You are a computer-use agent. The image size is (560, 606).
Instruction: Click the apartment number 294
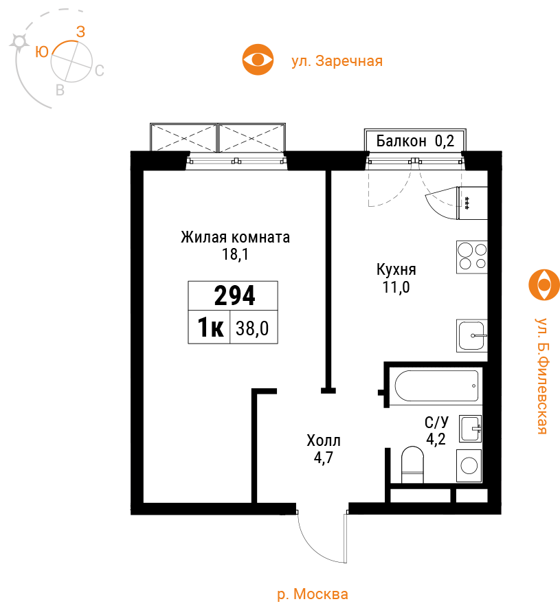(234, 295)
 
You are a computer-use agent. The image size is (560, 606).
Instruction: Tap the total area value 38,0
(252, 328)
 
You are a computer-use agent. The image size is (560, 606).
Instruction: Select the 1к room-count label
(210, 327)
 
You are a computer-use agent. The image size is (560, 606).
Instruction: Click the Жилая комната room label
(236, 237)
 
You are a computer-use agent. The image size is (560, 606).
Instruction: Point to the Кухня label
(396, 270)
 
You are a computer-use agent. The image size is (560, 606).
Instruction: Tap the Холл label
(324, 440)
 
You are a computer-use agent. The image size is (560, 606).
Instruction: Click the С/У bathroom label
(436, 423)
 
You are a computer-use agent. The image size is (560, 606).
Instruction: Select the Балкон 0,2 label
(415, 141)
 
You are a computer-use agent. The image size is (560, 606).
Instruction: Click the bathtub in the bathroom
(436, 385)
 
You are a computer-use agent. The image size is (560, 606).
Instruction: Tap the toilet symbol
(413, 464)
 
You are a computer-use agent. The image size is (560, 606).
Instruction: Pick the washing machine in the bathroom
(469, 466)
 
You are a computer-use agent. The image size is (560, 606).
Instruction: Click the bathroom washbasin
(471, 429)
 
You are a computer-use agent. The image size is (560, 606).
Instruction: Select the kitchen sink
(472, 335)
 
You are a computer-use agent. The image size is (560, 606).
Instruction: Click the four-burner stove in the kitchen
(472, 257)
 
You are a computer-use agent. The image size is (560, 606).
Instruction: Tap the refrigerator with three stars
(472, 203)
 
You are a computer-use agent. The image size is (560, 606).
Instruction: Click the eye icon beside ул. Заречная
(258, 60)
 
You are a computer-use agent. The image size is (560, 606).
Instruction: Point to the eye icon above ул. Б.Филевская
(544, 285)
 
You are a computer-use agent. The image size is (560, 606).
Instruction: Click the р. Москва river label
(313, 594)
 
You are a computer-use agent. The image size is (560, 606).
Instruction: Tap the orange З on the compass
(80, 32)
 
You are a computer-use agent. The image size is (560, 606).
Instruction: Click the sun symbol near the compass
(19, 42)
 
